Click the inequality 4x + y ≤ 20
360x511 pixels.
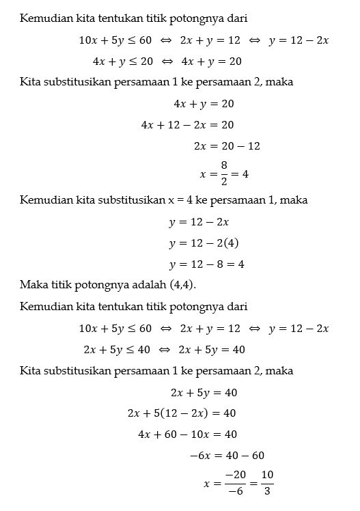point(122,61)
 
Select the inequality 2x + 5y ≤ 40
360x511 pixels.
point(116,349)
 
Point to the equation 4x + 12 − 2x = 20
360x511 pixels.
point(187,125)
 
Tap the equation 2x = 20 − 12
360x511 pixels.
point(227,146)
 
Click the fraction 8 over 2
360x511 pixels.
point(223,174)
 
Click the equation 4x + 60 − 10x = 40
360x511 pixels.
point(187,434)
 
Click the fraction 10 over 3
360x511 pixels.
point(267,482)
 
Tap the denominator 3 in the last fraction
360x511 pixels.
point(267,491)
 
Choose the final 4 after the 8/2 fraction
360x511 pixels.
point(245,174)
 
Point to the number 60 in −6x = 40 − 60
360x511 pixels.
point(258,456)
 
